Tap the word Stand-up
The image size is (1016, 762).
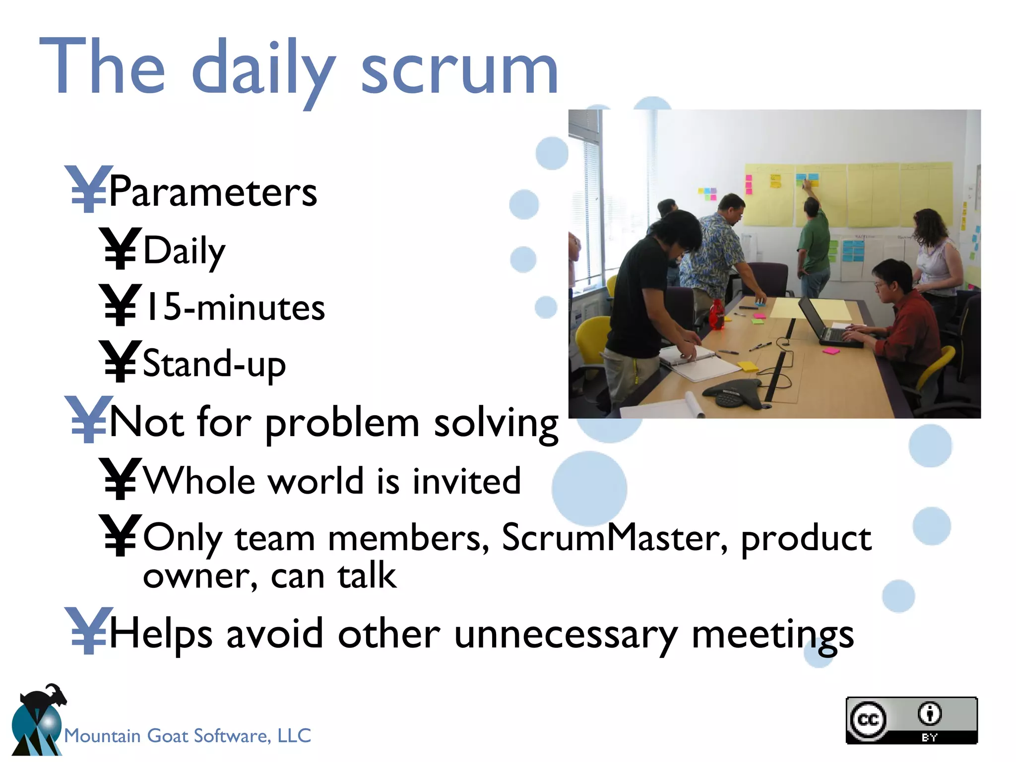point(214,364)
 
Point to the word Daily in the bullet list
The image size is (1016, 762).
point(184,251)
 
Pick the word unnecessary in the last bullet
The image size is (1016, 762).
point(565,635)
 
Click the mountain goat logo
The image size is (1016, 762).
point(37,722)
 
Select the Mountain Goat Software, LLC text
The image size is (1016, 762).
point(188,736)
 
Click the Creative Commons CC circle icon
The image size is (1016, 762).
point(867,719)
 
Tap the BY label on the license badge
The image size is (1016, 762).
point(929,737)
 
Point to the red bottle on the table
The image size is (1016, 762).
point(716,315)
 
